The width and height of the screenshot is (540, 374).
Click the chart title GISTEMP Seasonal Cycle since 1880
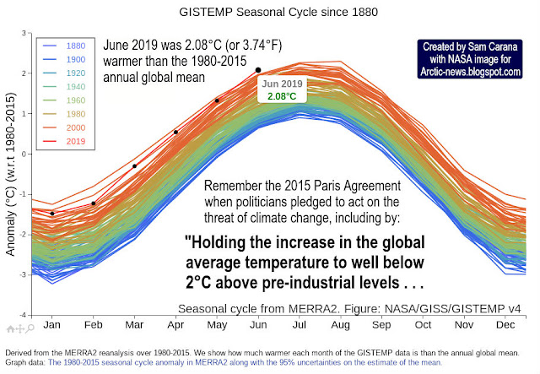point(269,13)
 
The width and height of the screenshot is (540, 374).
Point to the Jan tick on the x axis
point(52,324)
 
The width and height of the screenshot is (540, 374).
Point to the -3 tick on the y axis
point(25,275)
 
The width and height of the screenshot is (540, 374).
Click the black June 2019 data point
point(258,70)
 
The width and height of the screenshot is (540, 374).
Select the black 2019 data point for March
point(135,165)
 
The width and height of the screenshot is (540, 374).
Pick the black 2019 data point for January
point(53,214)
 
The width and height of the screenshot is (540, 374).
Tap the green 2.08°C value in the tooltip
point(282,97)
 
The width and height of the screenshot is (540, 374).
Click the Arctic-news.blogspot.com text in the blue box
point(468,73)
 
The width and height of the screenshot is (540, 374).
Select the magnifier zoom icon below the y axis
point(30,327)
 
